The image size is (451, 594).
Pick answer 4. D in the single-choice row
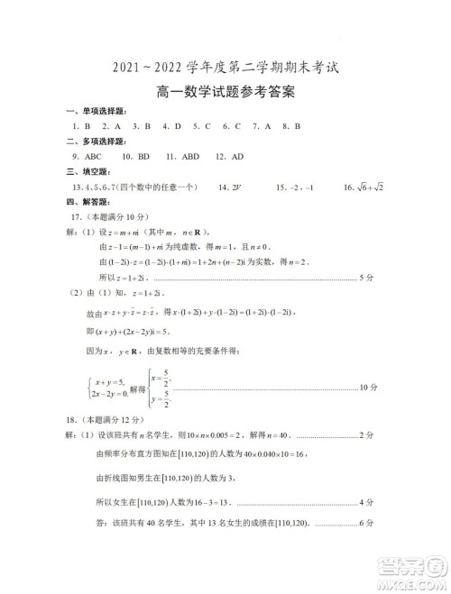pyautogui.click(x=172, y=126)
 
